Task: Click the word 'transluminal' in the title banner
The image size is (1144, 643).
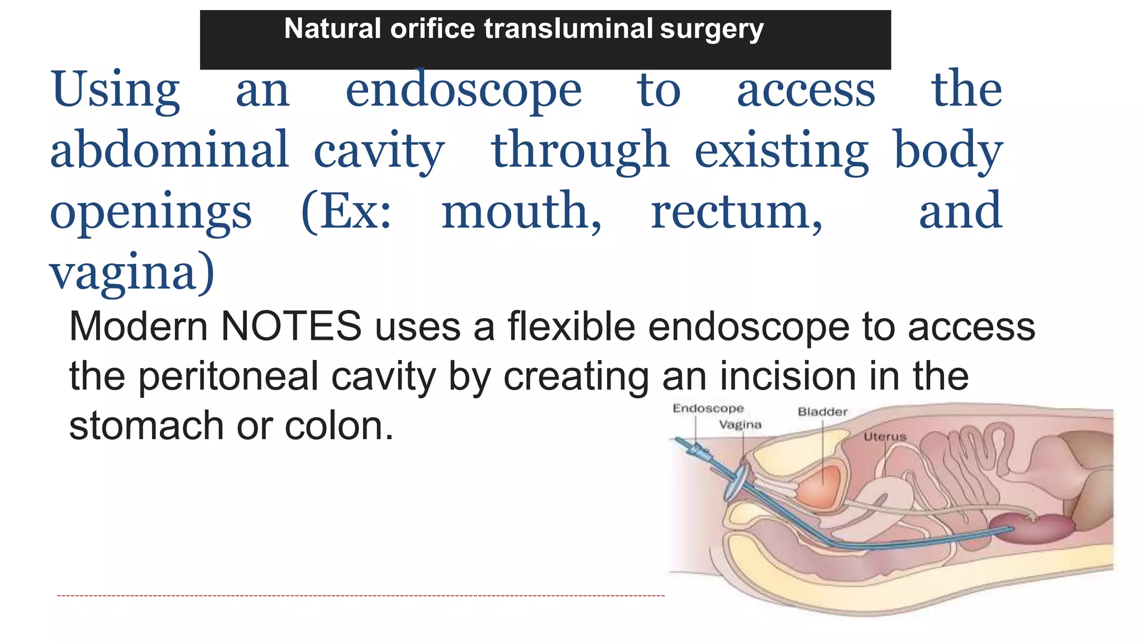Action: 568,28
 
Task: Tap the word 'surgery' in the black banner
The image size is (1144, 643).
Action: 711,30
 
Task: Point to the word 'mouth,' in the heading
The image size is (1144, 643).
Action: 521,212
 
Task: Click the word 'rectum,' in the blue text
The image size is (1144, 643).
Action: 736,212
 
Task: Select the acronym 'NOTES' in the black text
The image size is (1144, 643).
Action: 291,327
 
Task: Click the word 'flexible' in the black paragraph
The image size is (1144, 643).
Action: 571,327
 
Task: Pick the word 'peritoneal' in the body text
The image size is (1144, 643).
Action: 228,376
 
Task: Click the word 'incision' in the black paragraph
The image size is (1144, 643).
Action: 788,376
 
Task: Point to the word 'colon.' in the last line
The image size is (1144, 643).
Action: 339,426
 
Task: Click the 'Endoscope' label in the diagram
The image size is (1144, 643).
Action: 708,409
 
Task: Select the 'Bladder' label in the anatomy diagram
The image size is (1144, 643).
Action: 822,412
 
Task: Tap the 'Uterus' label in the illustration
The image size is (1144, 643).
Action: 885,436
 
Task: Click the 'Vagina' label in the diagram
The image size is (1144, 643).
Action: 740,425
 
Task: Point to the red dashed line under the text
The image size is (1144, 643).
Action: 360,596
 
